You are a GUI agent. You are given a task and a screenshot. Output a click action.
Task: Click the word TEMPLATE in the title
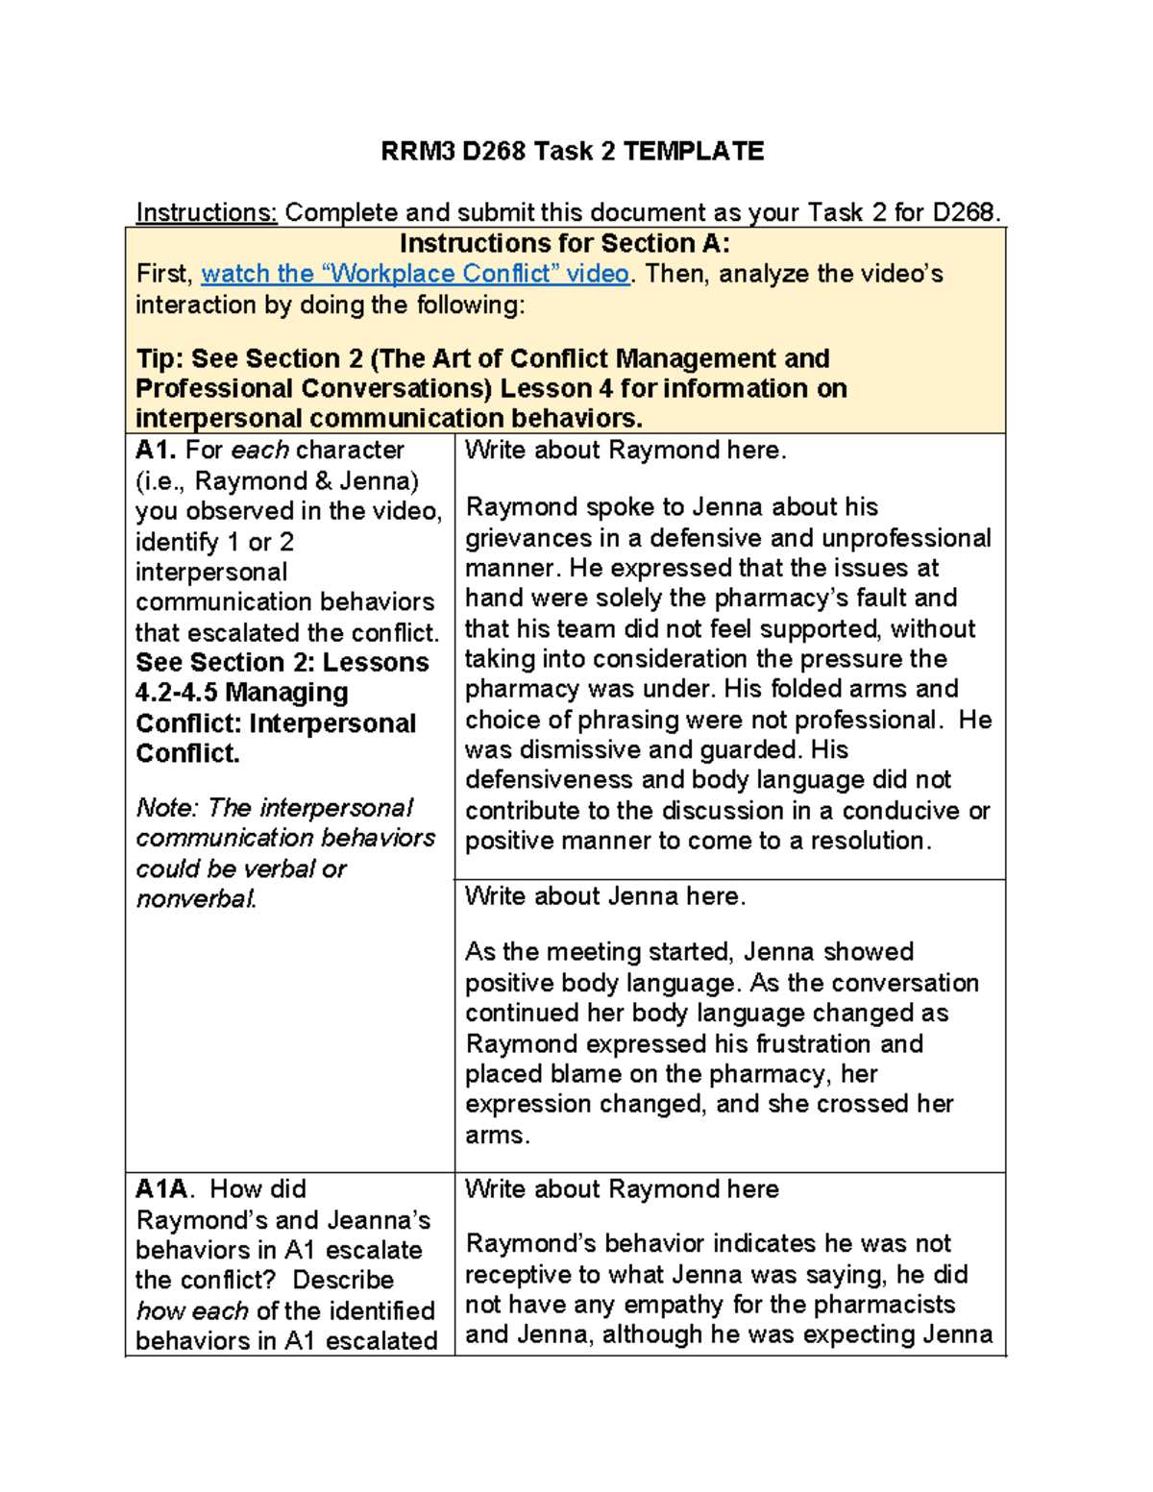pyautogui.click(x=694, y=152)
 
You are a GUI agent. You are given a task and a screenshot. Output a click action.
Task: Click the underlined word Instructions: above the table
pyautogui.click(x=207, y=212)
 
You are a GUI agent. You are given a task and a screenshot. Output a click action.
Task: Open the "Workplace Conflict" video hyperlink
pyautogui.click(x=415, y=274)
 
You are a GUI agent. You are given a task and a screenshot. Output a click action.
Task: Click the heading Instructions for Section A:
pyautogui.click(x=565, y=243)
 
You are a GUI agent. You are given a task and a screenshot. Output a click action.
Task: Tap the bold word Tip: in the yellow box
pyautogui.click(x=160, y=358)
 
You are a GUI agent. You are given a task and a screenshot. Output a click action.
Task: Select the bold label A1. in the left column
pyautogui.click(x=156, y=450)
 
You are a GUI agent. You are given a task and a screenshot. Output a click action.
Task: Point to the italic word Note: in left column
pyautogui.click(x=168, y=808)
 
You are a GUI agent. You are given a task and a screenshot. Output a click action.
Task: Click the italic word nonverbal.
pyautogui.click(x=196, y=899)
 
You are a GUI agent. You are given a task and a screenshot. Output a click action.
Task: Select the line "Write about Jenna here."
pyautogui.click(x=605, y=896)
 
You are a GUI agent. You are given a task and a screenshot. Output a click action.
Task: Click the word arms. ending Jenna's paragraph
pyautogui.click(x=498, y=1136)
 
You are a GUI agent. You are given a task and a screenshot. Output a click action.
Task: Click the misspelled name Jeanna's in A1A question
pyautogui.click(x=379, y=1220)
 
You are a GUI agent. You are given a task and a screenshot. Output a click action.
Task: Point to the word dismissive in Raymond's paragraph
pyautogui.click(x=576, y=749)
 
